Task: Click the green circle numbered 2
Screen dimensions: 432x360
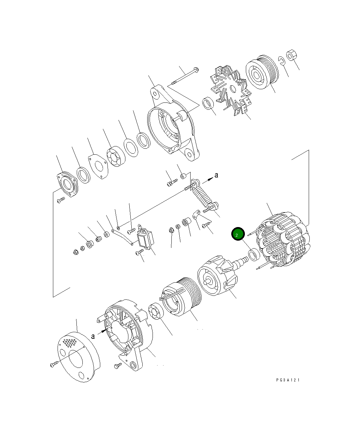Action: pyautogui.click(x=238, y=234)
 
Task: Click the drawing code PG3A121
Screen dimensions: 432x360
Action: pyautogui.click(x=288, y=380)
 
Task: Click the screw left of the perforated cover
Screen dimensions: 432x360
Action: pyautogui.click(x=54, y=364)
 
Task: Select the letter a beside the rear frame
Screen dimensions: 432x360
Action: pyautogui.click(x=93, y=336)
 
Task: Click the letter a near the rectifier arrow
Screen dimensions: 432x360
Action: pyautogui.click(x=216, y=175)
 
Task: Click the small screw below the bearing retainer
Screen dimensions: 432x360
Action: pyautogui.click(x=61, y=200)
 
